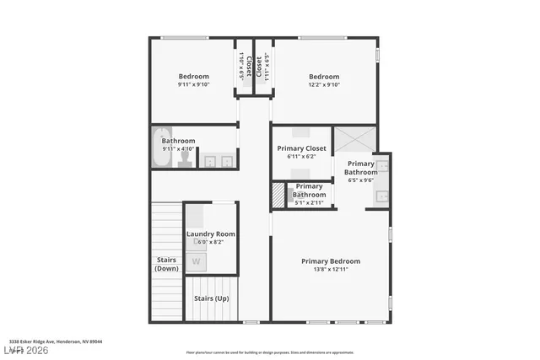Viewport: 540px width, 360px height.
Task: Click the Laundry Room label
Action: click(211, 234)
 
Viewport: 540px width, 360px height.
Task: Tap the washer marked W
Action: click(196, 261)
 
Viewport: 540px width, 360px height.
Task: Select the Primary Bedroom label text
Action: click(331, 261)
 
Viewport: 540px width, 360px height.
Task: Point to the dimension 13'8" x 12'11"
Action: click(331, 269)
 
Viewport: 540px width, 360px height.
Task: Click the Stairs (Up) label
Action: click(211, 298)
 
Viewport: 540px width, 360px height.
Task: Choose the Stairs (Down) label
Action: click(166, 264)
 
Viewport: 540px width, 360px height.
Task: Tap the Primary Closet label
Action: click(301, 148)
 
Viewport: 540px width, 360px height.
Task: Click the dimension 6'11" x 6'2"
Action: click(301, 157)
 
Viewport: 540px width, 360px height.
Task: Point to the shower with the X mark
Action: click(354, 138)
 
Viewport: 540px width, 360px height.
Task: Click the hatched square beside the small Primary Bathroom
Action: click(278, 196)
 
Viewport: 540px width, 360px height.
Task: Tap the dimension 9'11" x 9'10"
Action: click(194, 84)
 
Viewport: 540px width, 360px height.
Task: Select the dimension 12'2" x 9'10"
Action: click(324, 84)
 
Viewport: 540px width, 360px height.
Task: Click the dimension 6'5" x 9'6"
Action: click(361, 180)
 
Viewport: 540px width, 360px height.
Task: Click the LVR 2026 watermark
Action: click(28, 349)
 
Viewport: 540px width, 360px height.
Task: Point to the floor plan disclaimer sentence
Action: click(270, 352)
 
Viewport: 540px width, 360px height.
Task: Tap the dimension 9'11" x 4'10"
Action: click(178, 149)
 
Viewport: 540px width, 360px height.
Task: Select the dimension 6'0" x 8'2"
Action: click(211, 242)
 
